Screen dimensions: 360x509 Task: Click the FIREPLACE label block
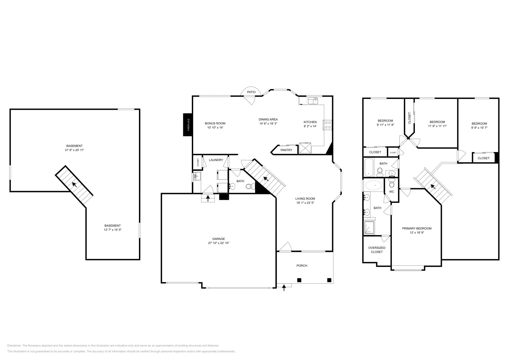click(x=188, y=125)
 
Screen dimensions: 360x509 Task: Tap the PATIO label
click(x=251, y=92)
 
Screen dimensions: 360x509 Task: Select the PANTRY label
click(x=286, y=150)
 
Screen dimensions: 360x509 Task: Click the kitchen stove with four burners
click(x=328, y=125)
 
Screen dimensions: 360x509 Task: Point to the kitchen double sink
click(x=313, y=101)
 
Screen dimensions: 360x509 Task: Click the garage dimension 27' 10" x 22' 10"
click(x=219, y=243)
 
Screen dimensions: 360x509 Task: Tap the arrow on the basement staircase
click(x=74, y=184)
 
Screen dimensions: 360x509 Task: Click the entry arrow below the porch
click(x=284, y=287)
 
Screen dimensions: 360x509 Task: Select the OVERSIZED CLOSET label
click(x=377, y=250)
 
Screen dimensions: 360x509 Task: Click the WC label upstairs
click(x=392, y=192)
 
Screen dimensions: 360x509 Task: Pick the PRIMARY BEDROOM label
click(x=417, y=228)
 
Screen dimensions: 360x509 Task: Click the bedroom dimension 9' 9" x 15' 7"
click(x=479, y=128)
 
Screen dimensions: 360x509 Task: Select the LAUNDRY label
click(x=216, y=160)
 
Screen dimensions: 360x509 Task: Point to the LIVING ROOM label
click(x=305, y=198)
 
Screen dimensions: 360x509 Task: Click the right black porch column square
click(x=329, y=280)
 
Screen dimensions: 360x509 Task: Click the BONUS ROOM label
click(x=215, y=123)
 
